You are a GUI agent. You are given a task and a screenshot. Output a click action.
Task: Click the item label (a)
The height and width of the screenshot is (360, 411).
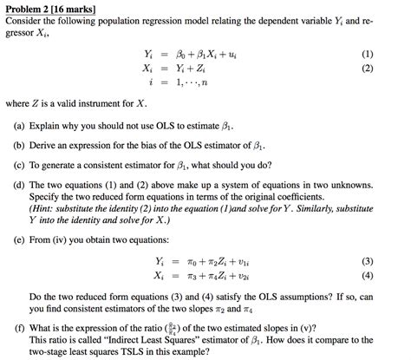tap(18, 125)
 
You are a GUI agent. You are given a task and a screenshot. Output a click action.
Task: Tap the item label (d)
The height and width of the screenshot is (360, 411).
tap(18, 184)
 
